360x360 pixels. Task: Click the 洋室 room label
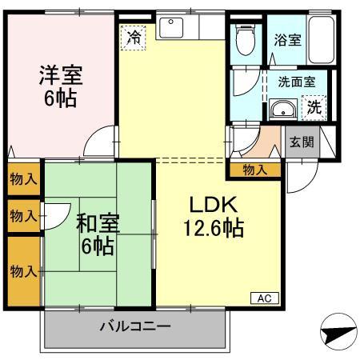(x=62, y=77)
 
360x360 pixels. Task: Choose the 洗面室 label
(x=296, y=81)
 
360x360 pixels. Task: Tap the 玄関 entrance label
(x=301, y=142)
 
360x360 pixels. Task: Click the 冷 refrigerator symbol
(x=134, y=37)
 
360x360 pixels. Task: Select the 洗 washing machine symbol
(x=318, y=105)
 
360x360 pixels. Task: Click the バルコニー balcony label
(x=134, y=326)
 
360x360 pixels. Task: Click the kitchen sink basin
(x=172, y=28)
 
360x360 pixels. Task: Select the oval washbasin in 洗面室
(x=282, y=110)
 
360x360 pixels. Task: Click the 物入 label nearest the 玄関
(x=254, y=169)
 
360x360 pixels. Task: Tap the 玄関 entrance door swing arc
(x=298, y=170)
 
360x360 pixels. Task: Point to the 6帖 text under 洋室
(x=62, y=102)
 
